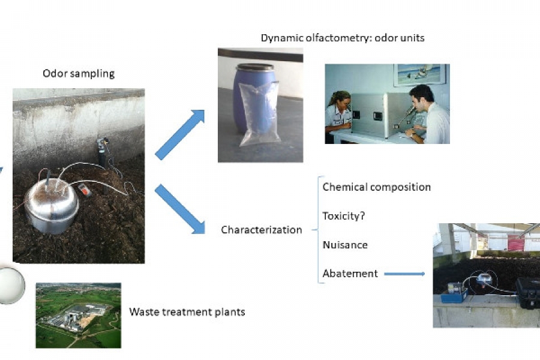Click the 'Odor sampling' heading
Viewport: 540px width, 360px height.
(x=79, y=74)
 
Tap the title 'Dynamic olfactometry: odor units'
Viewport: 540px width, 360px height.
(x=343, y=38)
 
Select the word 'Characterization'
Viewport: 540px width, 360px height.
(x=262, y=230)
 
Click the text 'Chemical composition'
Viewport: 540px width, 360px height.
(x=376, y=187)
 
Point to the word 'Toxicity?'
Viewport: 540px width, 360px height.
(x=343, y=216)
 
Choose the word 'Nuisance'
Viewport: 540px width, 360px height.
(x=345, y=245)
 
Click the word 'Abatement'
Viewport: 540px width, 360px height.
(x=350, y=274)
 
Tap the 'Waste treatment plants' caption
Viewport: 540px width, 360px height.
(x=187, y=312)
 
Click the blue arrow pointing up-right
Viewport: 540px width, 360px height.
(x=180, y=134)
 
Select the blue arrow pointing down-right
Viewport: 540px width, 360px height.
(x=180, y=209)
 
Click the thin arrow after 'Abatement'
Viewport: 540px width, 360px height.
(x=404, y=274)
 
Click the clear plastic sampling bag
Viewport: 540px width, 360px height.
(x=259, y=113)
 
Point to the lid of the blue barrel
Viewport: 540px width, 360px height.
(x=255, y=67)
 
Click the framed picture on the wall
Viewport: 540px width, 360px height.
(x=420, y=74)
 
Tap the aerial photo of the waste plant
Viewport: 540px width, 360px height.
(x=79, y=316)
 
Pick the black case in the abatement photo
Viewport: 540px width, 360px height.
(x=527, y=293)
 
